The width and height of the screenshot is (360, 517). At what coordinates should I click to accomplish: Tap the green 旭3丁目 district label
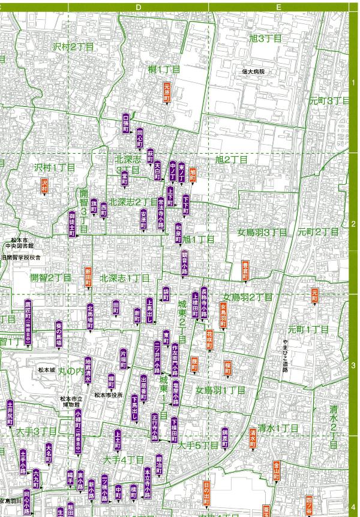point(265,38)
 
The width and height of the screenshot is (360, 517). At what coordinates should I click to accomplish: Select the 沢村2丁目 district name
point(74,46)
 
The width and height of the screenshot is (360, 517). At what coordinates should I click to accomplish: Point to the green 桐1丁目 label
point(163,70)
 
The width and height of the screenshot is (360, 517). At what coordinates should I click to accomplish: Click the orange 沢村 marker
point(44,186)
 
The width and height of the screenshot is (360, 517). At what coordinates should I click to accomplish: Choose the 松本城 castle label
point(46,370)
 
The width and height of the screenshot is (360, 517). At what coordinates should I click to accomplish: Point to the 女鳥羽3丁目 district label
point(262,232)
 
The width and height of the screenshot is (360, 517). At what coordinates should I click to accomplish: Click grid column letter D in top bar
point(138,7)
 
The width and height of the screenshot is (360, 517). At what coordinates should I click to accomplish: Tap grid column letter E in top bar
point(279,7)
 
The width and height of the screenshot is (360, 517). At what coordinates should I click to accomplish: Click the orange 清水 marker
point(253,438)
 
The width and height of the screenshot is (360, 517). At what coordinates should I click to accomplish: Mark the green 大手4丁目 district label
point(124,459)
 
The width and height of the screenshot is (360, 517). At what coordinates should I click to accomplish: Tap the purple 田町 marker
point(116,308)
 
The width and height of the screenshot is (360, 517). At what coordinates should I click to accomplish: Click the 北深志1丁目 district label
point(125,278)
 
